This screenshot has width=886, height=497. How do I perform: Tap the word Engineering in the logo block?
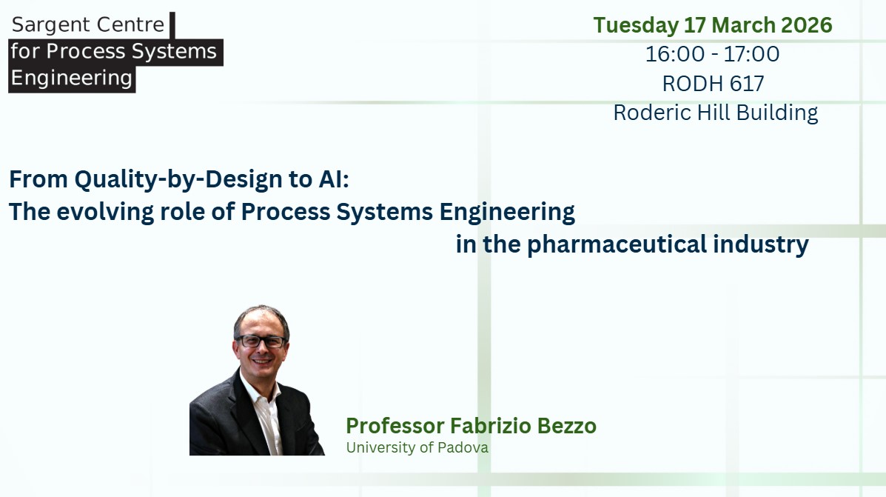click(72, 79)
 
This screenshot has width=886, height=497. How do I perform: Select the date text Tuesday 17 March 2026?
click(713, 26)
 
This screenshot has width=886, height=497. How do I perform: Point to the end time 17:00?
click(751, 54)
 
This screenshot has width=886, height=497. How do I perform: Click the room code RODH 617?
click(713, 84)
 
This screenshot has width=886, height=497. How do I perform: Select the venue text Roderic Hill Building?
click(715, 113)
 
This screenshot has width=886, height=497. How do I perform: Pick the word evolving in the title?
click(105, 213)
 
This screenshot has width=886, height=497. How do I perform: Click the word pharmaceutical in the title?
click(617, 245)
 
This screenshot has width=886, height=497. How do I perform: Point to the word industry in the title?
click(761, 245)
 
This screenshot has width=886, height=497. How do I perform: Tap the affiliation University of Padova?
click(417, 448)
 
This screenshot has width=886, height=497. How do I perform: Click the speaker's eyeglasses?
click(261, 341)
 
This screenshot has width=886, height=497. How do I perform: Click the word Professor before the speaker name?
click(395, 427)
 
